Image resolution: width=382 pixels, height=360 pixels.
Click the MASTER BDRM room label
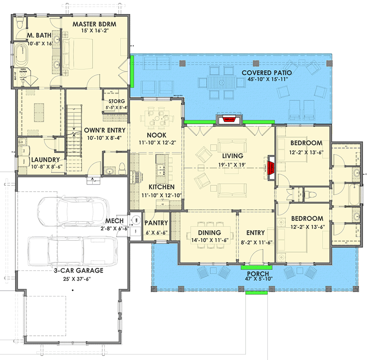point(95,23)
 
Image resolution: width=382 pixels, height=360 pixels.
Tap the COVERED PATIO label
point(266,72)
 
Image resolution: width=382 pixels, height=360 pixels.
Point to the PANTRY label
point(156,223)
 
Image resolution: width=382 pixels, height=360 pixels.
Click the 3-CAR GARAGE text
point(79,270)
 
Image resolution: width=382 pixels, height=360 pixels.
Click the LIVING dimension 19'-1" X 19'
point(229,164)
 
